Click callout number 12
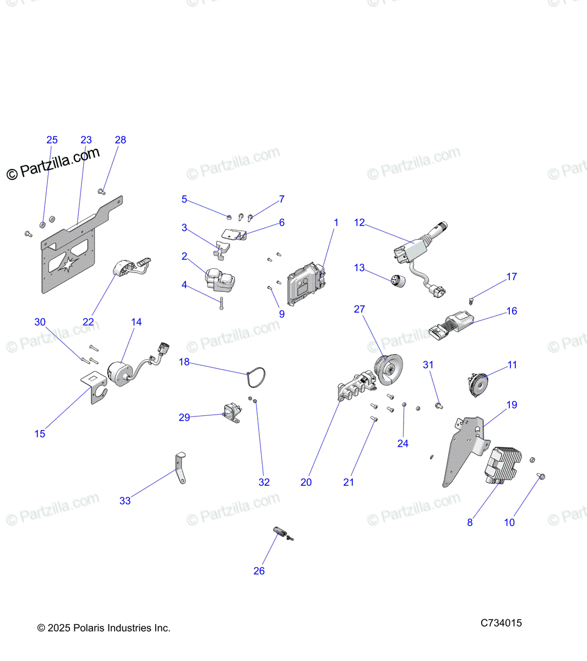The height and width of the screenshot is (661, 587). [360, 223]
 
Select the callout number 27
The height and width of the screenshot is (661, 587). [360, 309]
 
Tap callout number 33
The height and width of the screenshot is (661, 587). [125, 501]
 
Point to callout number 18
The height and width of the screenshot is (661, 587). [184, 362]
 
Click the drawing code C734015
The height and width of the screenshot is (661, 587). [501, 623]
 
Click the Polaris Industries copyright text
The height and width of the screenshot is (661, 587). [104, 628]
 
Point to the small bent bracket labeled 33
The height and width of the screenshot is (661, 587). [181, 468]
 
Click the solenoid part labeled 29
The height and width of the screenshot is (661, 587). [231, 413]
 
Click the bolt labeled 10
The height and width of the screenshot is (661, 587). [540, 476]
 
